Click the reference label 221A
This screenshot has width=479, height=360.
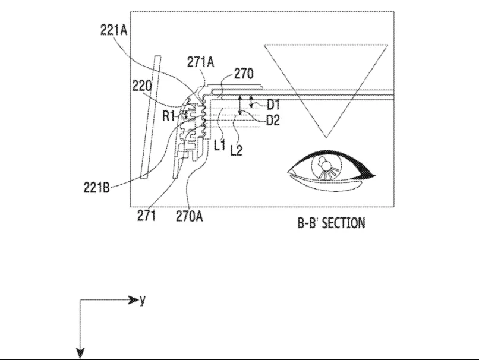[114, 30]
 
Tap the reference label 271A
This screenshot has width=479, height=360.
[201, 62]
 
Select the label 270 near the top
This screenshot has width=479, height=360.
[244, 74]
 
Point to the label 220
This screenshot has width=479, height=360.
[142, 86]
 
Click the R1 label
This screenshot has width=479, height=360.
[168, 116]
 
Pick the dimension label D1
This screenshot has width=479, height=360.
[273, 105]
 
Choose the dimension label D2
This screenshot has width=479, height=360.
[273, 121]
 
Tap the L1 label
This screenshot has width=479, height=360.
[220, 145]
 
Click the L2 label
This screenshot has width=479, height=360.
[237, 150]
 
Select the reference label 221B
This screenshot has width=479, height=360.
[96, 187]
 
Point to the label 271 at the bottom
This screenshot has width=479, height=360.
[146, 216]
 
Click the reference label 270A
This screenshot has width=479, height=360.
[190, 216]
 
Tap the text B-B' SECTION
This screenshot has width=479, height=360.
[331, 223]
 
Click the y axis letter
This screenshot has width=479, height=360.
[143, 301]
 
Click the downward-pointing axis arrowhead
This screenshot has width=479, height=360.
[80, 353]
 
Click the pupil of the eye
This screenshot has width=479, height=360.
[326, 166]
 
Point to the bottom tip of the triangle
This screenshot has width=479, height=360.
[326, 138]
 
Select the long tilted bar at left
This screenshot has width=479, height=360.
[150, 117]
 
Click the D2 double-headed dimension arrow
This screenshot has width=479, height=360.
[240, 106]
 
